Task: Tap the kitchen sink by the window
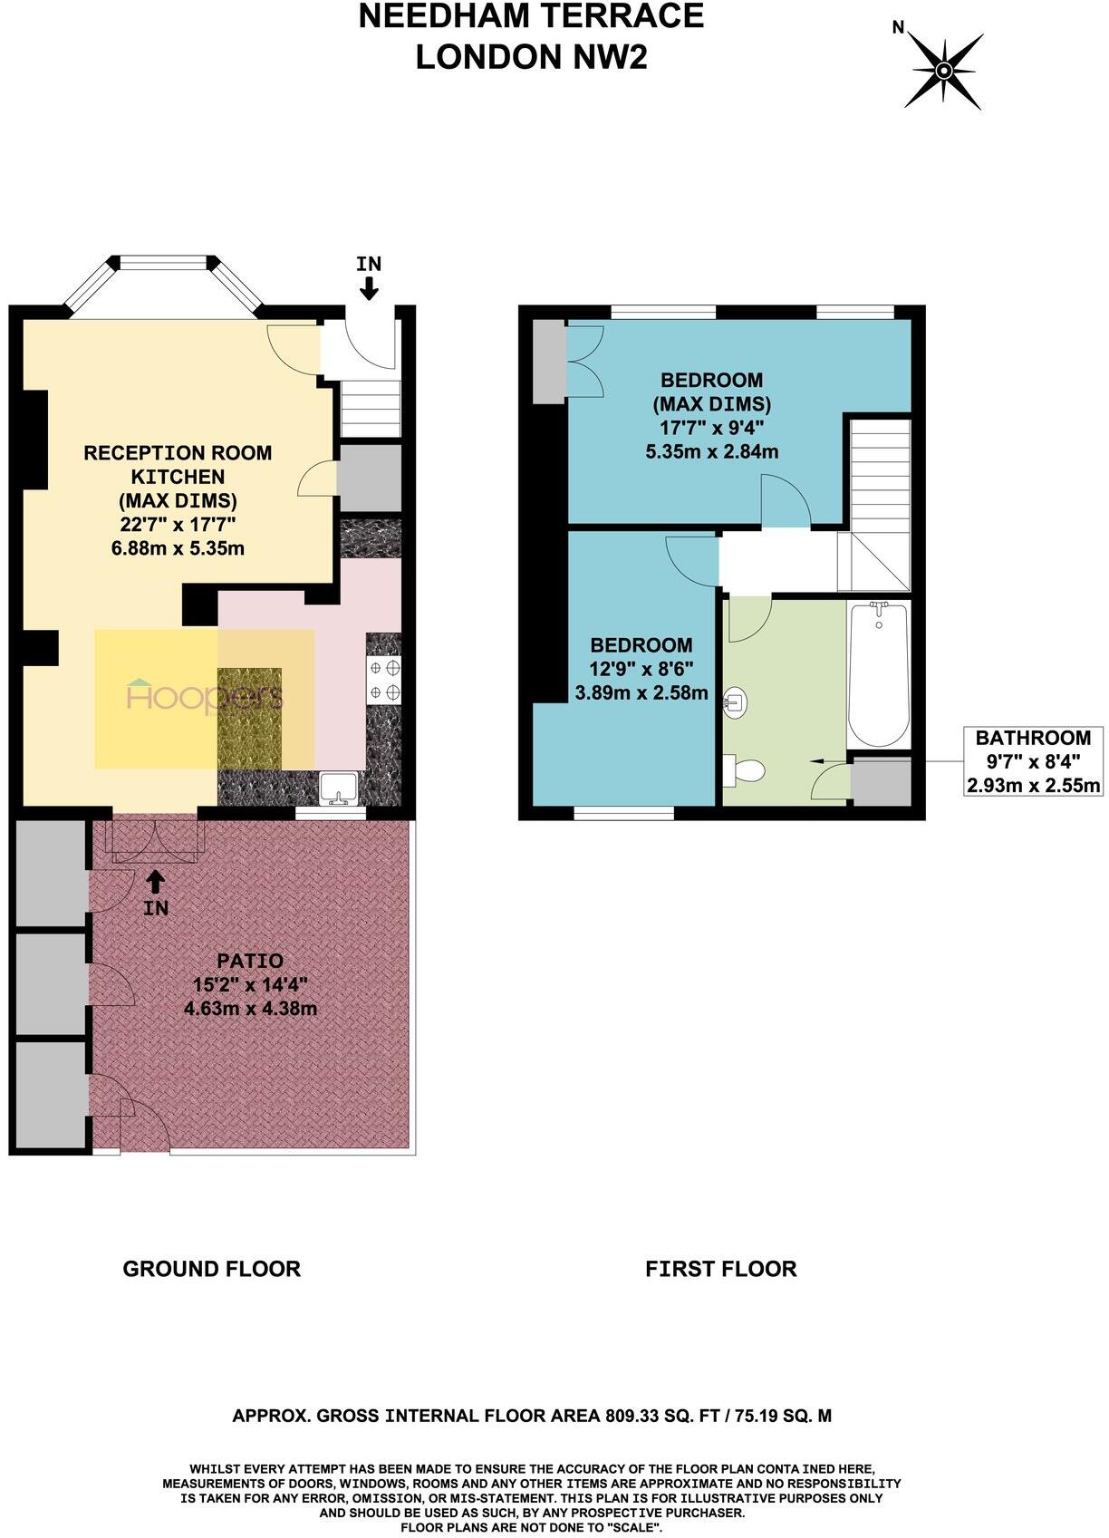click(340, 787)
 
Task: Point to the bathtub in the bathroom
click(878, 673)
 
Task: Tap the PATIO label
click(250, 961)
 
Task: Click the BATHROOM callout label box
click(1034, 761)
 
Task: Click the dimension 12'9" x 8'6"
click(641, 669)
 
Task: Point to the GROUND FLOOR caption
click(211, 1269)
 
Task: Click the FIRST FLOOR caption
click(720, 1269)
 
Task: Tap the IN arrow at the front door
click(369, 286)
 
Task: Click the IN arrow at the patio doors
click(156, 879)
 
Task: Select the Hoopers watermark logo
click(205, 696)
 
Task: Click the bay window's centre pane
click(165, 264)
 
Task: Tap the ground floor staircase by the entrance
click(371, 408)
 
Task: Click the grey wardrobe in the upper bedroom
click(548, 362)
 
